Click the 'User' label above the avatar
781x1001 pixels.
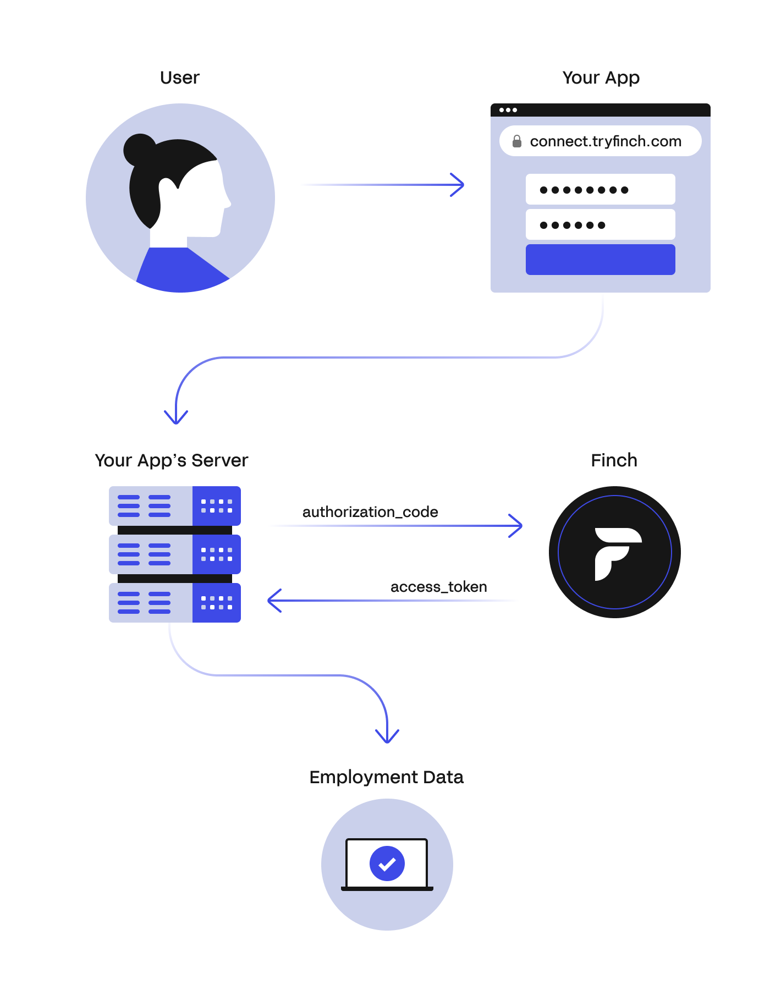point(179,78)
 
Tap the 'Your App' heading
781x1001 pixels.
point(601,78)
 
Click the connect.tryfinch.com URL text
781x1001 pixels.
point(606,141)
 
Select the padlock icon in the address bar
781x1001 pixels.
point(516,141)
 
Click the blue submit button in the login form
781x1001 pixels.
point(600,260)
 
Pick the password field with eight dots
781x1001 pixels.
point(600,190)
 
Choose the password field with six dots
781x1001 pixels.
point(600,224)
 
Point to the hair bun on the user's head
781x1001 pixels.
point(139,149)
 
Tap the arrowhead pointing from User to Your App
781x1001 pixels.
point(458,185)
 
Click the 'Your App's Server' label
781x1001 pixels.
point(171,460)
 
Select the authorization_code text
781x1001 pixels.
point(370,512)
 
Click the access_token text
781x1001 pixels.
point(438,587)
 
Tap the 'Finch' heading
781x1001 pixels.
point(614,460)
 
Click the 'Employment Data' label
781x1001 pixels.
point(386,777)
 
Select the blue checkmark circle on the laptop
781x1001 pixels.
point(387,863)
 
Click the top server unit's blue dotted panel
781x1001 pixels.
point(217,506)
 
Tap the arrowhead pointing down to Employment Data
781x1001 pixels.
point(387,736)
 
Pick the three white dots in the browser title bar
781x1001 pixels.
point(508,110)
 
